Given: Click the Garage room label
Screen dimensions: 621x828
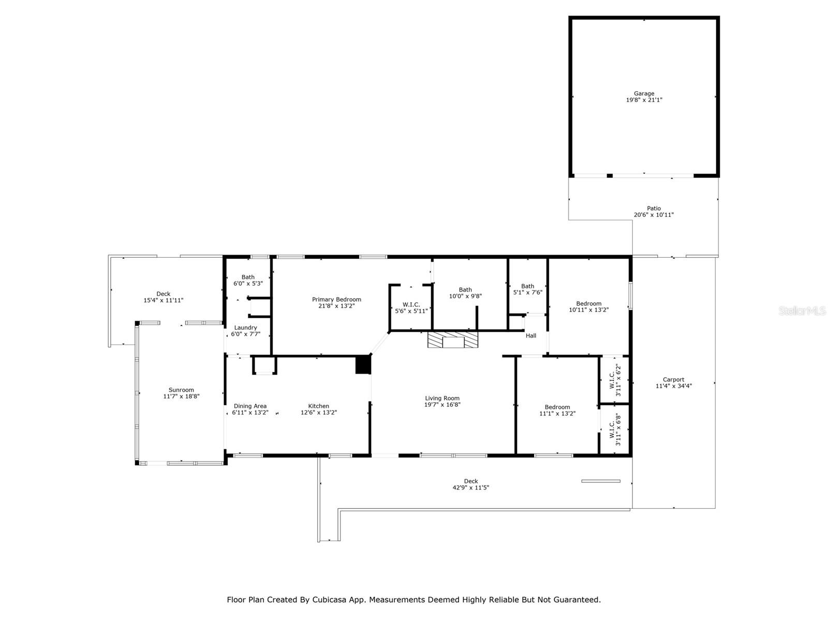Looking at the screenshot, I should tap(644, 94).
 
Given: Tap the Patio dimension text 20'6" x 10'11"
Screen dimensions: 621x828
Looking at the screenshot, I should tap(654, 215).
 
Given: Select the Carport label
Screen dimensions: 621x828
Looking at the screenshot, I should tap(673, 379).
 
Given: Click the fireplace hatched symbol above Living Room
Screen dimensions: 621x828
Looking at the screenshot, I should tap(453, 341).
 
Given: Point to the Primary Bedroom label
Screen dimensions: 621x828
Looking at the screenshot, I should tap(336, 299).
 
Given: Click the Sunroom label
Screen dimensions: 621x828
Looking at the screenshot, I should tap(181, 390).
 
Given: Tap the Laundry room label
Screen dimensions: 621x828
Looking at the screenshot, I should tap(245, 328).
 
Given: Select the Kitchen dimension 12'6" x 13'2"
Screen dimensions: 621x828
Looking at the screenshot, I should tap(319, 412).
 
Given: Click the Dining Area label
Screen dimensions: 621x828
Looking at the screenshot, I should tap(250, 406).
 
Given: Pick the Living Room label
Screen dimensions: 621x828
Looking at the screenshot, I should tap(442, 398).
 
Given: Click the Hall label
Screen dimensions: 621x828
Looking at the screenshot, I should tap(531, 335).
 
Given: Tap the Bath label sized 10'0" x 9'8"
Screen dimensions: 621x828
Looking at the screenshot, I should tap(465, 290).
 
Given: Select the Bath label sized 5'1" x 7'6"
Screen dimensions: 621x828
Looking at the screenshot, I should tap(527, 286).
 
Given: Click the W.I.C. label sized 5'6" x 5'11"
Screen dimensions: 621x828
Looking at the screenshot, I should tap(411, 304).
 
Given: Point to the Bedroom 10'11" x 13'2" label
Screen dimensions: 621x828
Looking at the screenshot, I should tap(589, 303).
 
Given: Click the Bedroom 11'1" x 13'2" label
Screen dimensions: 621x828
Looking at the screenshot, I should tap(557, 407).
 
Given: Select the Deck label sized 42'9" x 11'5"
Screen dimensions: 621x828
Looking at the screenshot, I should tap(471, 481).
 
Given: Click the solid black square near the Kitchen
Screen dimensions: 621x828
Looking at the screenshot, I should tap(363, 364).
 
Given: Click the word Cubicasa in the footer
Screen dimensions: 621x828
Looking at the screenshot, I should tap(331, 600).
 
